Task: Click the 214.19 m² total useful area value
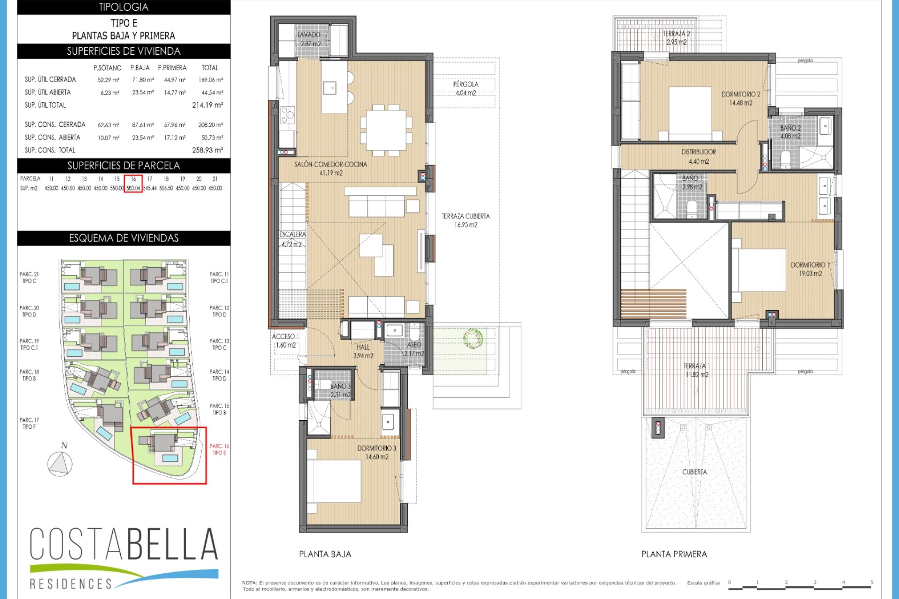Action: click(x=207, y=105)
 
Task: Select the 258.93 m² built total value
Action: click(x=207, y=150)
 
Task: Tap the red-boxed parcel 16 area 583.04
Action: click(x=133, y=188)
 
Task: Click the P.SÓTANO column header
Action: click(x=107, y=68)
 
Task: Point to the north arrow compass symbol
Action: click(x=60, y=463)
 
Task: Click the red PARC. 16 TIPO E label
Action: click(x=219, y=449)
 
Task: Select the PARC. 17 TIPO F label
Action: click(x=29, y=423)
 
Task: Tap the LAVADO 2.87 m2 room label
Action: click(x=309, y=39)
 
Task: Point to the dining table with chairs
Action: click(x=386, y=130)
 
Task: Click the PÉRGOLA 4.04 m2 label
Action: click(x=465, y=88)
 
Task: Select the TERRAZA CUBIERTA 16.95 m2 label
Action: click(x=465, y=220)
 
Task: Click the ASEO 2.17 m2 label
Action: click(x=414, y=349)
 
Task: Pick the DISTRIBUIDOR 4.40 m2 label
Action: click(x=699, y=156)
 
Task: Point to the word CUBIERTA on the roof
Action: click(x=694, y=472)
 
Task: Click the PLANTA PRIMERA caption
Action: click(x=674, y=554)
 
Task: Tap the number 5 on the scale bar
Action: click(x=872, y=582)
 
